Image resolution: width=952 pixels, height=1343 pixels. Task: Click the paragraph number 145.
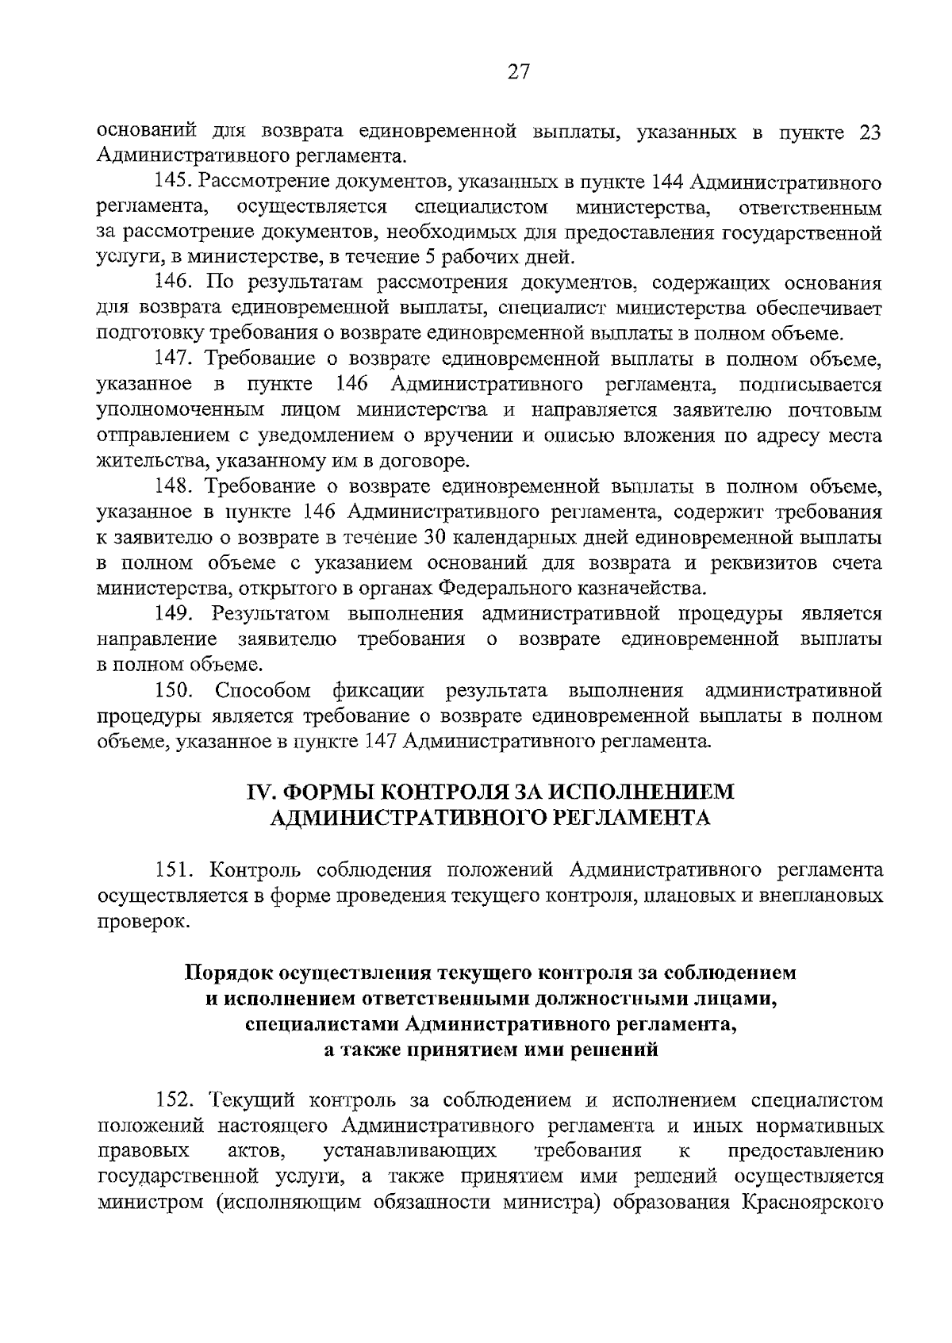[172, 183]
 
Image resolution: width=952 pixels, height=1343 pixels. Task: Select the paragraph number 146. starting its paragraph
[175, 282]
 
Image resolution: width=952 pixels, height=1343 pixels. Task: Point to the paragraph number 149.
[175, 614]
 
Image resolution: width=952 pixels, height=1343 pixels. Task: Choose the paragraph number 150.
[175, 691]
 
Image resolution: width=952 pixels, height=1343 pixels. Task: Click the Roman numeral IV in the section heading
[260, 792]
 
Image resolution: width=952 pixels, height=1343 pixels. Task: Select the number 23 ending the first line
[869, 132]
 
